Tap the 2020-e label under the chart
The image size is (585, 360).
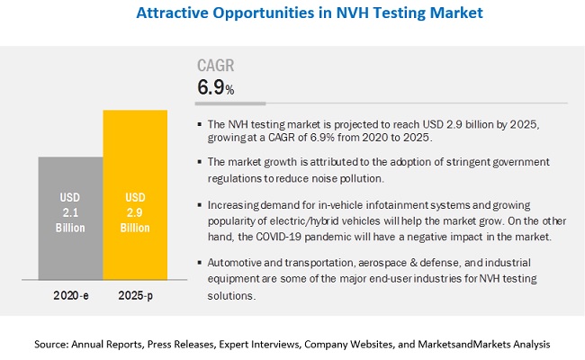click(70, 294)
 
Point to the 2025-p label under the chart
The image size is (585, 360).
click(134, 294)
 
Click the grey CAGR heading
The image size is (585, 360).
click(216, 65)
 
